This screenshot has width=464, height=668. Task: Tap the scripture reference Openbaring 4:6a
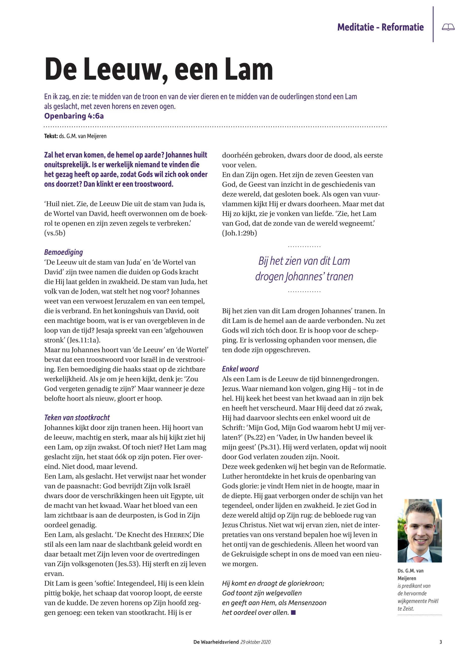(x=74, y=116)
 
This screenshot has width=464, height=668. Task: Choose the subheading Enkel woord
(x=240, y=369)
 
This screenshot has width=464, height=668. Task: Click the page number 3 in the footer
(x=440, y=642)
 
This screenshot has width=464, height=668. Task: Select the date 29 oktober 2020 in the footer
(x=256, y=642)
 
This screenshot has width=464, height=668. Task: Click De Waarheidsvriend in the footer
(x=216, y=642)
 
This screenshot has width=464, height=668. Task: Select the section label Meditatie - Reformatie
(x=380, y=27)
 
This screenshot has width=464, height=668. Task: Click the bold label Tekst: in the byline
(x=51, y=136)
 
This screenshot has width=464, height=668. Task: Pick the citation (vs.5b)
(x=55, y=233)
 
